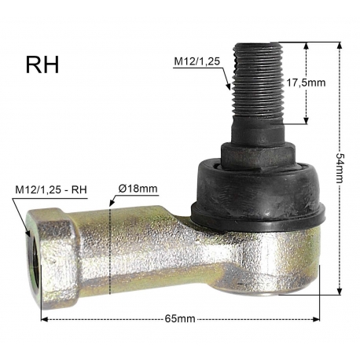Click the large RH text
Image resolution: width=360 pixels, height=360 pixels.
(42, 64)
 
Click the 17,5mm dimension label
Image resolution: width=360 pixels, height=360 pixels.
(306, 83)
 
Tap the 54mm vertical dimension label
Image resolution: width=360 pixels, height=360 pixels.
(340, 168)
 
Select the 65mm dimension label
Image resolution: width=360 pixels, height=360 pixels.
(180, 319)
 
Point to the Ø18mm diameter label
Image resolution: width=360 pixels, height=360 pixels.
(138, 189)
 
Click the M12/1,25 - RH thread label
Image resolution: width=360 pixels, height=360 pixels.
(51, 189)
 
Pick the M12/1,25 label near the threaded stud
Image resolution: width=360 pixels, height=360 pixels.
(197, 61)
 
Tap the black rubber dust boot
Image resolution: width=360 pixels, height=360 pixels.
(258, 194)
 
